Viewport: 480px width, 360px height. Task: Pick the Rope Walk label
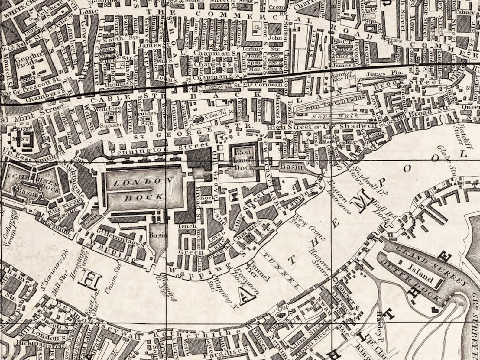tap(336, 116)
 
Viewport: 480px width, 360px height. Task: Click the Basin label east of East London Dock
tap(291, 167)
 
